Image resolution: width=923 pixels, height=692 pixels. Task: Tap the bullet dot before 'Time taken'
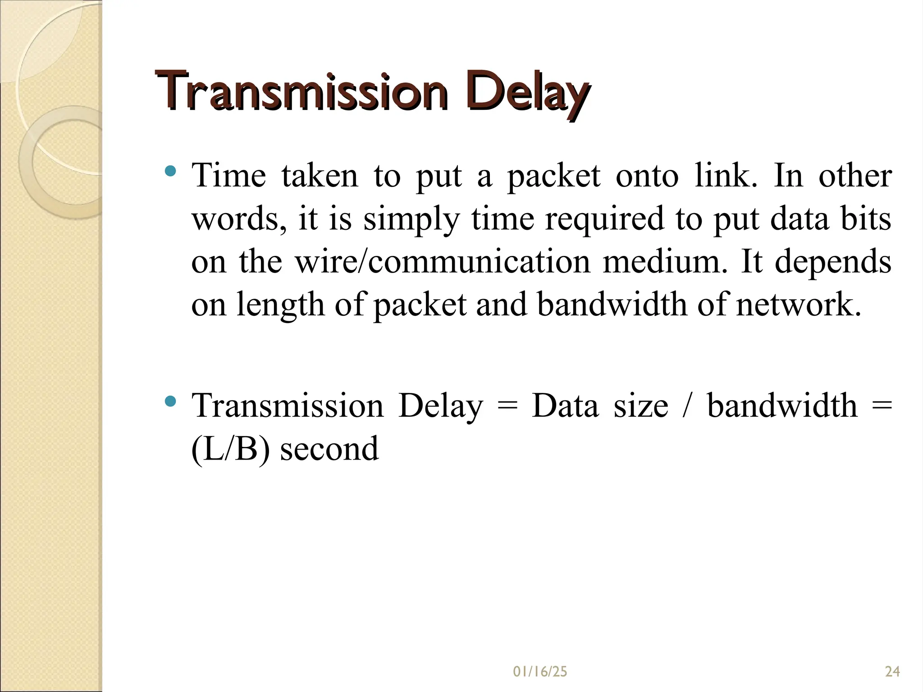coord(170,171)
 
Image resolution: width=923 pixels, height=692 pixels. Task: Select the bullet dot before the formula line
coord(170,401)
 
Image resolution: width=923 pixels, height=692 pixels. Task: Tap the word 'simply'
coord(411,219)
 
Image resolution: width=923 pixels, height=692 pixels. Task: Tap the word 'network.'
coord(799,305)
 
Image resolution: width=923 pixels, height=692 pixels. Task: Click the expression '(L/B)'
coord(230,449)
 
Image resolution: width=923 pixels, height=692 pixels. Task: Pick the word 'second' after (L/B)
coord(329,449)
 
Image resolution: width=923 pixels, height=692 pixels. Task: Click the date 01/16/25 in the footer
coord(540,672)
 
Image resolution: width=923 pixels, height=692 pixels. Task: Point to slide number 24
coord(892,672)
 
